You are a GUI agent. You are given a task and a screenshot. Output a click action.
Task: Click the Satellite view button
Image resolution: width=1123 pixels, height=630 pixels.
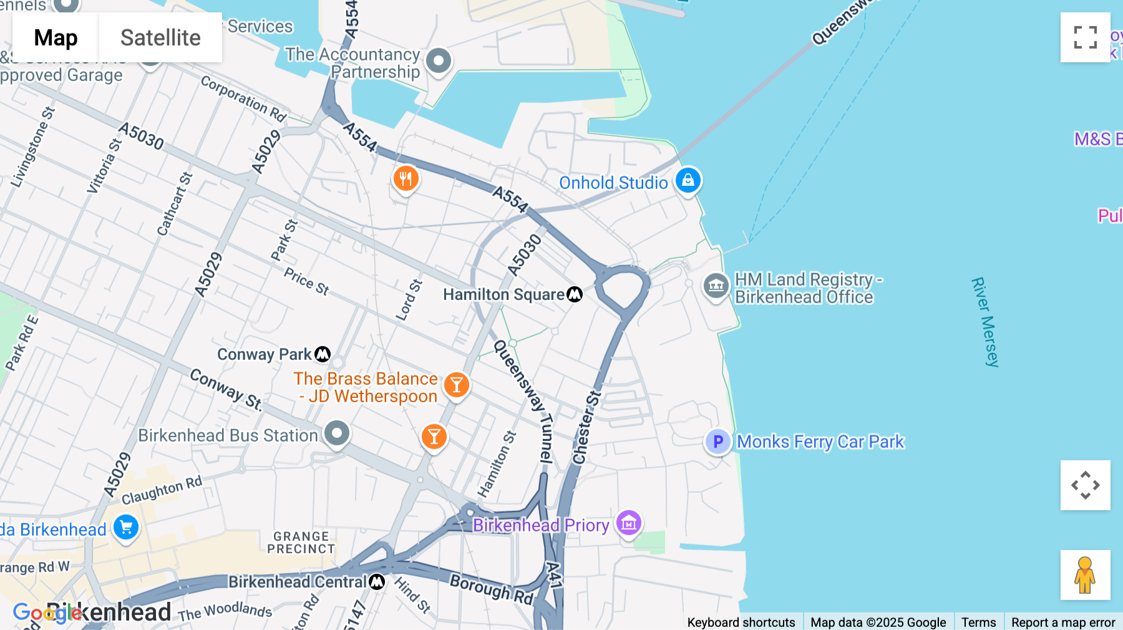coord(160,37)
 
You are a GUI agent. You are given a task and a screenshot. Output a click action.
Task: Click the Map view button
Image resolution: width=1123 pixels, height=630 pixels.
coord(56,37)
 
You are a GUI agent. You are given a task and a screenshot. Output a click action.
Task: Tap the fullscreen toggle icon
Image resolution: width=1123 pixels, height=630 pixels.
coord(1085,37)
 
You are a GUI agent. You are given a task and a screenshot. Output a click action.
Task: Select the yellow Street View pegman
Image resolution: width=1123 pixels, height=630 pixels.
coord(1085,575)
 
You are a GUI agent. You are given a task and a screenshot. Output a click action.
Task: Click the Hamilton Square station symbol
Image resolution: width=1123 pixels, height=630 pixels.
coord(575,294)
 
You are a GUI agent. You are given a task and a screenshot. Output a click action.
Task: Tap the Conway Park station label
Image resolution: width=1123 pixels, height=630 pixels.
coord(264,354)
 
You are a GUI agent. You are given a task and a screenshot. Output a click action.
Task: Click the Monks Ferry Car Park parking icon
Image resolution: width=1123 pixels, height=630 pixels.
coord(717,442)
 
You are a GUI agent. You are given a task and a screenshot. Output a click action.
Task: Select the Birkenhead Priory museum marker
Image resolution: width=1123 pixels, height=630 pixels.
coord(628,523)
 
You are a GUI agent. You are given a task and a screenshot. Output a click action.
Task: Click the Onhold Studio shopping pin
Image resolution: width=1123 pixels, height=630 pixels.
coord(688,180)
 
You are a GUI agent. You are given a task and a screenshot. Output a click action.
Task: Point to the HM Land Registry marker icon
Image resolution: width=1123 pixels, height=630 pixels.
coord(716,286)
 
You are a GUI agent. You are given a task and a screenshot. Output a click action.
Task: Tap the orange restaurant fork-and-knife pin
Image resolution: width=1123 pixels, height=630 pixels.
coord(406,179)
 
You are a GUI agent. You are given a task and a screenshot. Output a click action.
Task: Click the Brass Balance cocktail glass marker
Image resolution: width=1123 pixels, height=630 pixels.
coord(456,385)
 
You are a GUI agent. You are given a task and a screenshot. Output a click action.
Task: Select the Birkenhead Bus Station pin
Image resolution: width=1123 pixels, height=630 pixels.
coord(337,433)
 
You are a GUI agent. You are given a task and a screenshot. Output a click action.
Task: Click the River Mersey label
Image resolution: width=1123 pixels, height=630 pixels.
coord(985,322)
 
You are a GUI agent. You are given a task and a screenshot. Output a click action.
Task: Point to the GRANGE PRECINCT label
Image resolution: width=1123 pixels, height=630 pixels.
coord(301,542)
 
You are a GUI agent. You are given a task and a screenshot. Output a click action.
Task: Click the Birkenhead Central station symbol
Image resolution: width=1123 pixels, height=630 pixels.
coord(377,582)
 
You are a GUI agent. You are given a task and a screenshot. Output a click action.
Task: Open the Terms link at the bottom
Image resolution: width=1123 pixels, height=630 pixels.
coord(978,622)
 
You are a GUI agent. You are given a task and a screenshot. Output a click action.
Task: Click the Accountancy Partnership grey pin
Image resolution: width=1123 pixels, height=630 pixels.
coord(439,61)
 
